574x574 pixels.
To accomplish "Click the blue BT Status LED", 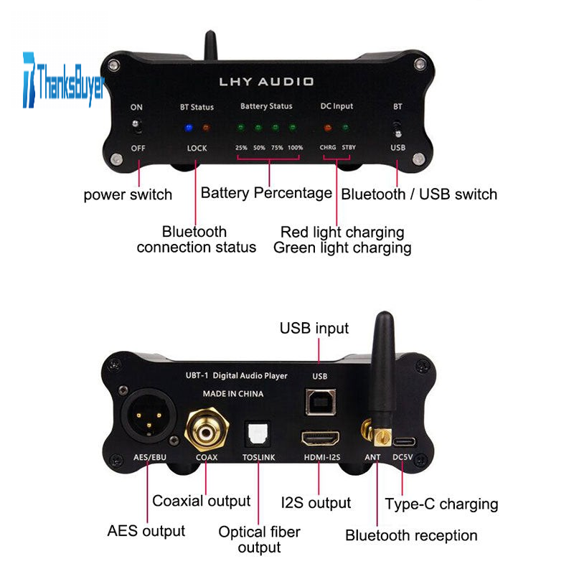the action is (189, 128).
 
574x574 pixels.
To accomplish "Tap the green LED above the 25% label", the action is (241, 128).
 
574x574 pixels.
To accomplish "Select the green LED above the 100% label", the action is (293, 128).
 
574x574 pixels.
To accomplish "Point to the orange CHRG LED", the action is (328, 128).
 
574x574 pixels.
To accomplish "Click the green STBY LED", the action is (345, 128).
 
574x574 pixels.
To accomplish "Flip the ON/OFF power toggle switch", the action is (136, 126).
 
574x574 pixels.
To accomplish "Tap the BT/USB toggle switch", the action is (397, 129).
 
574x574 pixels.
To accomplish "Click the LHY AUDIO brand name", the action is (266, 82).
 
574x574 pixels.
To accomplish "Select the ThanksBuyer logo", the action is (63, 80).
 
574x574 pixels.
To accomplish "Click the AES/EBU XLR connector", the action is (149, 416).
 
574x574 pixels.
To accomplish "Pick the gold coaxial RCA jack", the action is (207, 430).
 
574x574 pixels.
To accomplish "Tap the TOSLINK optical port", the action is (258, 434).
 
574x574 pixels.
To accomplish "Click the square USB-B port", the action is (321, 402).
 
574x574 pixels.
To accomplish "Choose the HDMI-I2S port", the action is (320, 438).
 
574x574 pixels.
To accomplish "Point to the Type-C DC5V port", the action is (405, 442).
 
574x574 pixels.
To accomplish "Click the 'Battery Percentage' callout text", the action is (266, 193).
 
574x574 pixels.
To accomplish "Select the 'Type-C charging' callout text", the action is (441, 504).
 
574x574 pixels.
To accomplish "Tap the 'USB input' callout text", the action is (314, 329).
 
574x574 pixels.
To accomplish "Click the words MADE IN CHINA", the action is (233, 394).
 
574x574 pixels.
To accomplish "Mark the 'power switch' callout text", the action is (128, 194).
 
